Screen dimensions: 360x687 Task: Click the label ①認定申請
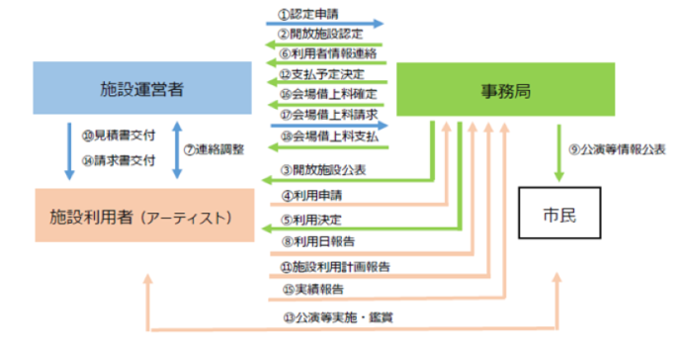click(309, 14)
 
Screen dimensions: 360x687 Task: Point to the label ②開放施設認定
click(318, 33)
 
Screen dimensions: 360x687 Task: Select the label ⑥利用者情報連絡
click(325, 52)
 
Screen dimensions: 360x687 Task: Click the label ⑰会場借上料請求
click(325, 113)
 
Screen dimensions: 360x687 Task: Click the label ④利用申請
click(311, 195)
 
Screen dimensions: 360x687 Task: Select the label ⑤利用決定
click(311, 220)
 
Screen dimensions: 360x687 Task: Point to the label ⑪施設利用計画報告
click(334, 266)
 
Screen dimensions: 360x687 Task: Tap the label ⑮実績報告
click(311, 290)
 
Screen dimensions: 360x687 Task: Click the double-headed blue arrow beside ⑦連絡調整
click(176, 149)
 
